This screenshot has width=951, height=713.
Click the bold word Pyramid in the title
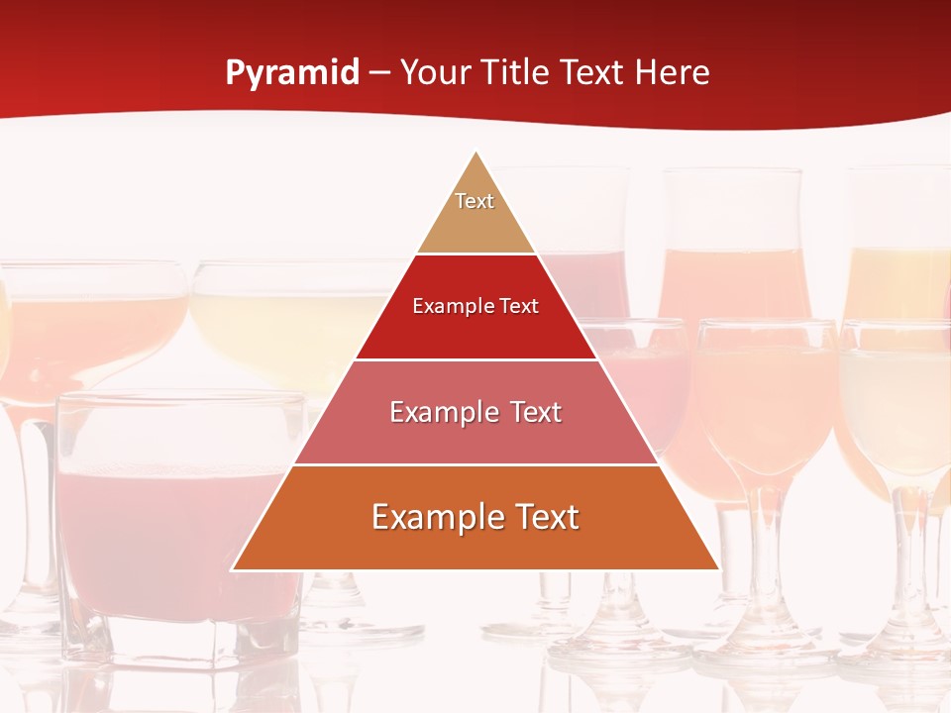[292, 73]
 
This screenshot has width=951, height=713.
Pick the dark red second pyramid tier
[475, 332]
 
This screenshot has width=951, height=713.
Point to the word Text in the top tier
[475, 201]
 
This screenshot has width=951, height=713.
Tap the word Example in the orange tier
[432, 517]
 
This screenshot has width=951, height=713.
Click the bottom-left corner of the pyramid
[233, 569]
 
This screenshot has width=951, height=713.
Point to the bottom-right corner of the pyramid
[718, 569]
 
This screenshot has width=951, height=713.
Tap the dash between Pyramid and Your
[379, 73]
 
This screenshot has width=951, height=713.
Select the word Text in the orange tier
[543, 517]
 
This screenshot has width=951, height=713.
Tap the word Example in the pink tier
[441, 412]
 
